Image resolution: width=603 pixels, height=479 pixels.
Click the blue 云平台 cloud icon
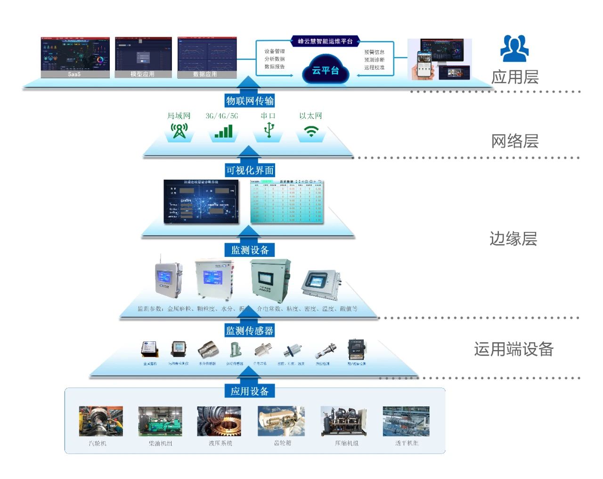[x=326, y=70]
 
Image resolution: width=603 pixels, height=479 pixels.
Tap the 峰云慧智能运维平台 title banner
[x=325, y=41]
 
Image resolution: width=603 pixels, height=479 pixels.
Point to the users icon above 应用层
[x=514, y=49]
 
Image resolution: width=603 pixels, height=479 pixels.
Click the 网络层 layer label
[x=514, y=141]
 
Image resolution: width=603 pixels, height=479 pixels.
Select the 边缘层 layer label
[x=513, y=239]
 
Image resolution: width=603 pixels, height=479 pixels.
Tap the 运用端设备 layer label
[x=513, y=349]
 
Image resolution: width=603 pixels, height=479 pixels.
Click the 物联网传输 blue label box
[x=250, y=100]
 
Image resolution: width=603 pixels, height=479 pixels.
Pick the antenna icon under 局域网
[x=179, y=131]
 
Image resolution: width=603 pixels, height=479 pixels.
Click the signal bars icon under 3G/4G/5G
[x=223, y=131]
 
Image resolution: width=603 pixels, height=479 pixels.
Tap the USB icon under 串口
[x=269, y=130]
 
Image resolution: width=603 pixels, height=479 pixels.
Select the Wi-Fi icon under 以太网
[x=311, y=132]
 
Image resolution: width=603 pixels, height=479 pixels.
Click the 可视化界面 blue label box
[x=250, y=170]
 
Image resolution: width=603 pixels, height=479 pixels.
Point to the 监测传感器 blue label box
[x=250, y=330]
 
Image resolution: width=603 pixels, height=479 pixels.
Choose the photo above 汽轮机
[x=101, y=421]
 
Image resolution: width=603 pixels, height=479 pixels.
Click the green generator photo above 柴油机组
[x=160, y=421]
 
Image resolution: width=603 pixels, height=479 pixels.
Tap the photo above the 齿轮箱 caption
[x=281, y=421]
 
